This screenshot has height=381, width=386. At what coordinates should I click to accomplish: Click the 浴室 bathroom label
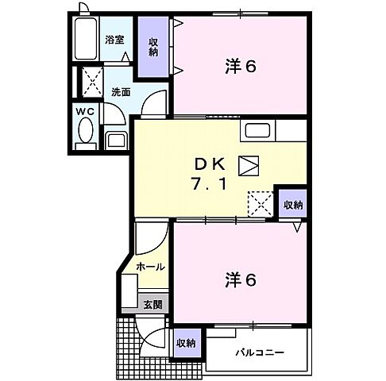point(114,40)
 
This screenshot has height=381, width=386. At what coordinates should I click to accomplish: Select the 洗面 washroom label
point(121,90)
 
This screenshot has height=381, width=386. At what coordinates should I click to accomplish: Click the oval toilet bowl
point(87,131)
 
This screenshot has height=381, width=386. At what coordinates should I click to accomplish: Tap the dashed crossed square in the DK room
point(260,202)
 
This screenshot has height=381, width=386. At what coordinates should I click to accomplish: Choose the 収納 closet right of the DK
point(292,204)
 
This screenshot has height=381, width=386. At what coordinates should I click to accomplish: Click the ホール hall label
point(150,267)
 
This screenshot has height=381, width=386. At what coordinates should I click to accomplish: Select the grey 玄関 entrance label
point(152,302)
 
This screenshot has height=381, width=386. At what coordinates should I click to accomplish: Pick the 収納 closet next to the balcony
point(186,343)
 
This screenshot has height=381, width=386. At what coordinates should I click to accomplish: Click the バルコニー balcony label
point(259,352)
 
